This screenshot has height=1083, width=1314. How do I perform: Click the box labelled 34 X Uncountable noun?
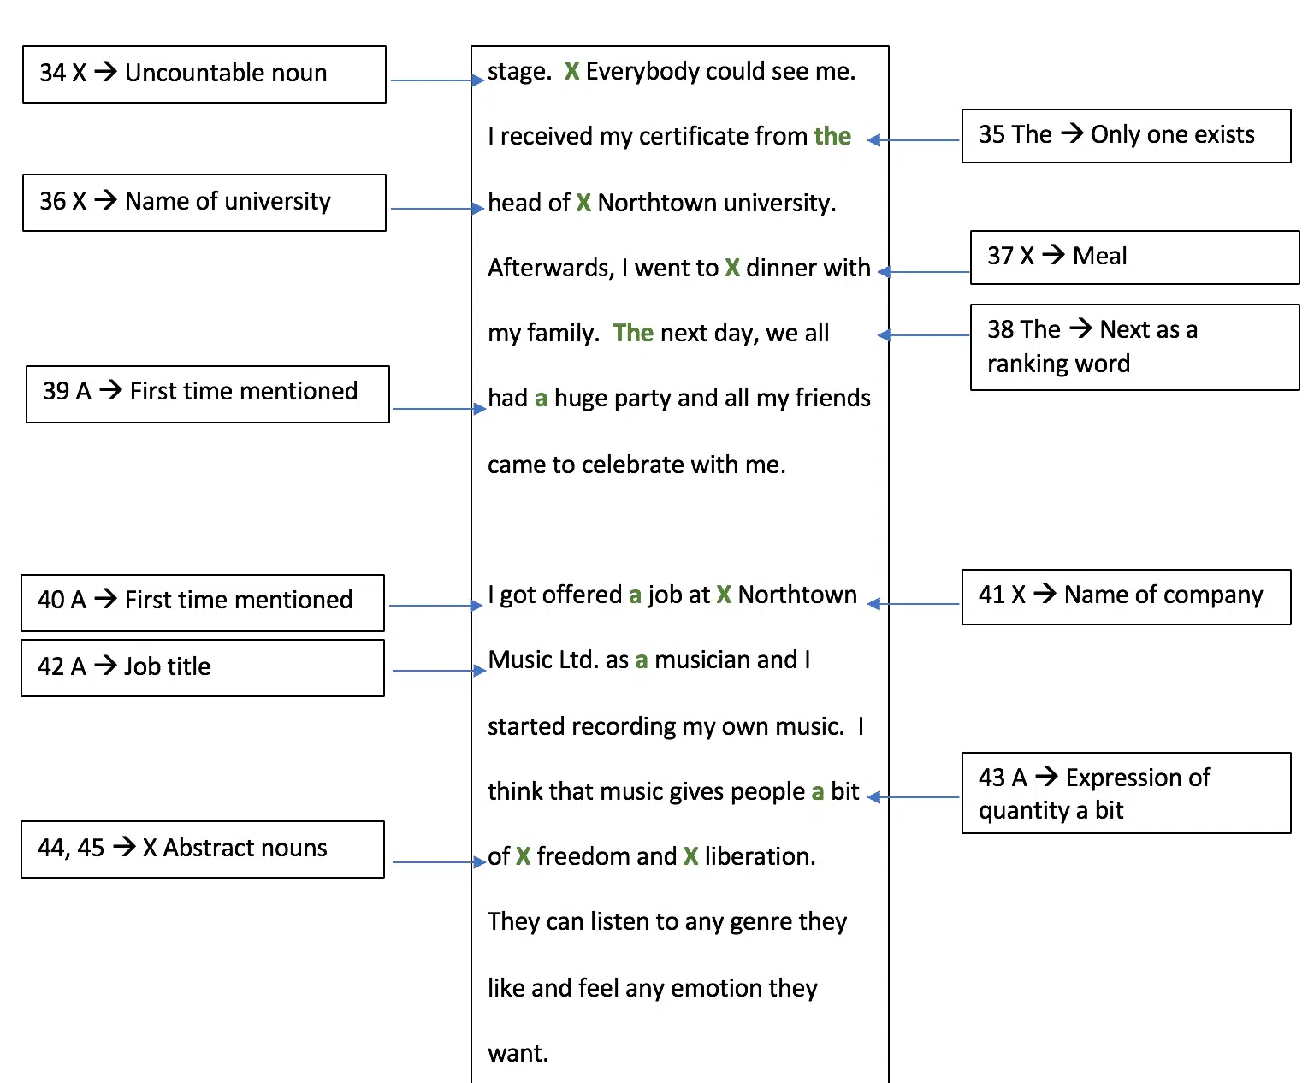coord(204,74)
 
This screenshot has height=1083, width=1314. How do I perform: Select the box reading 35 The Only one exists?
coord(1126,136)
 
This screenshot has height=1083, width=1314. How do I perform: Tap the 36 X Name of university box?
coord(204,203)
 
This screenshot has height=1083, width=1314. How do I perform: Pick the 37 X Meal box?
coord(1134,257)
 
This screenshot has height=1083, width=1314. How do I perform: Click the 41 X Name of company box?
coord(1126,596)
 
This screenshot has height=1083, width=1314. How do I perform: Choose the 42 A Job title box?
coord(202,667)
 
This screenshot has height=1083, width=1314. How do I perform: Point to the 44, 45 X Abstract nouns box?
coord(202,849)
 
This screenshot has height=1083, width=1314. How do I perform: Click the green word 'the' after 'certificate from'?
coord(832,136)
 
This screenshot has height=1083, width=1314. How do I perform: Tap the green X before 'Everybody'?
coord(571,71)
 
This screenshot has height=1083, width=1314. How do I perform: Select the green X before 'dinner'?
coord(732,268)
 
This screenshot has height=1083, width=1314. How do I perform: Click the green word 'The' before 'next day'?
coord(633,332)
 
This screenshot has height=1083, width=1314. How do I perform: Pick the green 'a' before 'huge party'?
coord(541,399)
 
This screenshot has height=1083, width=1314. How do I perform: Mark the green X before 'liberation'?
coord(690,855)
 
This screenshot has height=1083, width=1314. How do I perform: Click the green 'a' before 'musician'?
coord(642,660)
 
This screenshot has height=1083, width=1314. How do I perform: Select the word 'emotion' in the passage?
coord(716,988)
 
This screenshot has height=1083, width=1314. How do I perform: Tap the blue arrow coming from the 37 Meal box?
coord(923,272)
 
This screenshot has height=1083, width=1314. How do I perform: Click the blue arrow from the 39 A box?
coord(439,409)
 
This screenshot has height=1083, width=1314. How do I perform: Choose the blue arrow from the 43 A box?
coord(913,797)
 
